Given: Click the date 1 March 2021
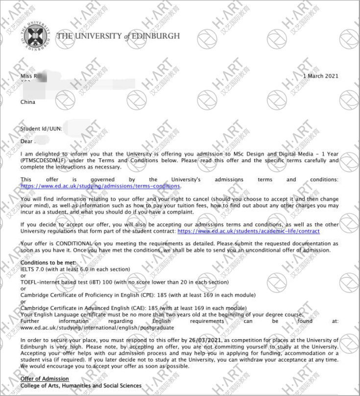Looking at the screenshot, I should tap(321, 76).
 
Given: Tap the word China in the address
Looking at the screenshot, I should tap(28, 102).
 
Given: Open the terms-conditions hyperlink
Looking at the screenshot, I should tap(100, 186).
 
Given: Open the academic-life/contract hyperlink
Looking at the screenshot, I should tap(248, 231).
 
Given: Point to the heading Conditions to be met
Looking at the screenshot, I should tap(48, 263).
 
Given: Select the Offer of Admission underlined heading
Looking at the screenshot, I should tap(45, 379).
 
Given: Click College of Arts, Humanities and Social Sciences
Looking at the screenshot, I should tap(81, 386).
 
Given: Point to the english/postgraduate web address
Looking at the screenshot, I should tap(97, 327).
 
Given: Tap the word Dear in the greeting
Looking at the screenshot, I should tap(26, 141).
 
